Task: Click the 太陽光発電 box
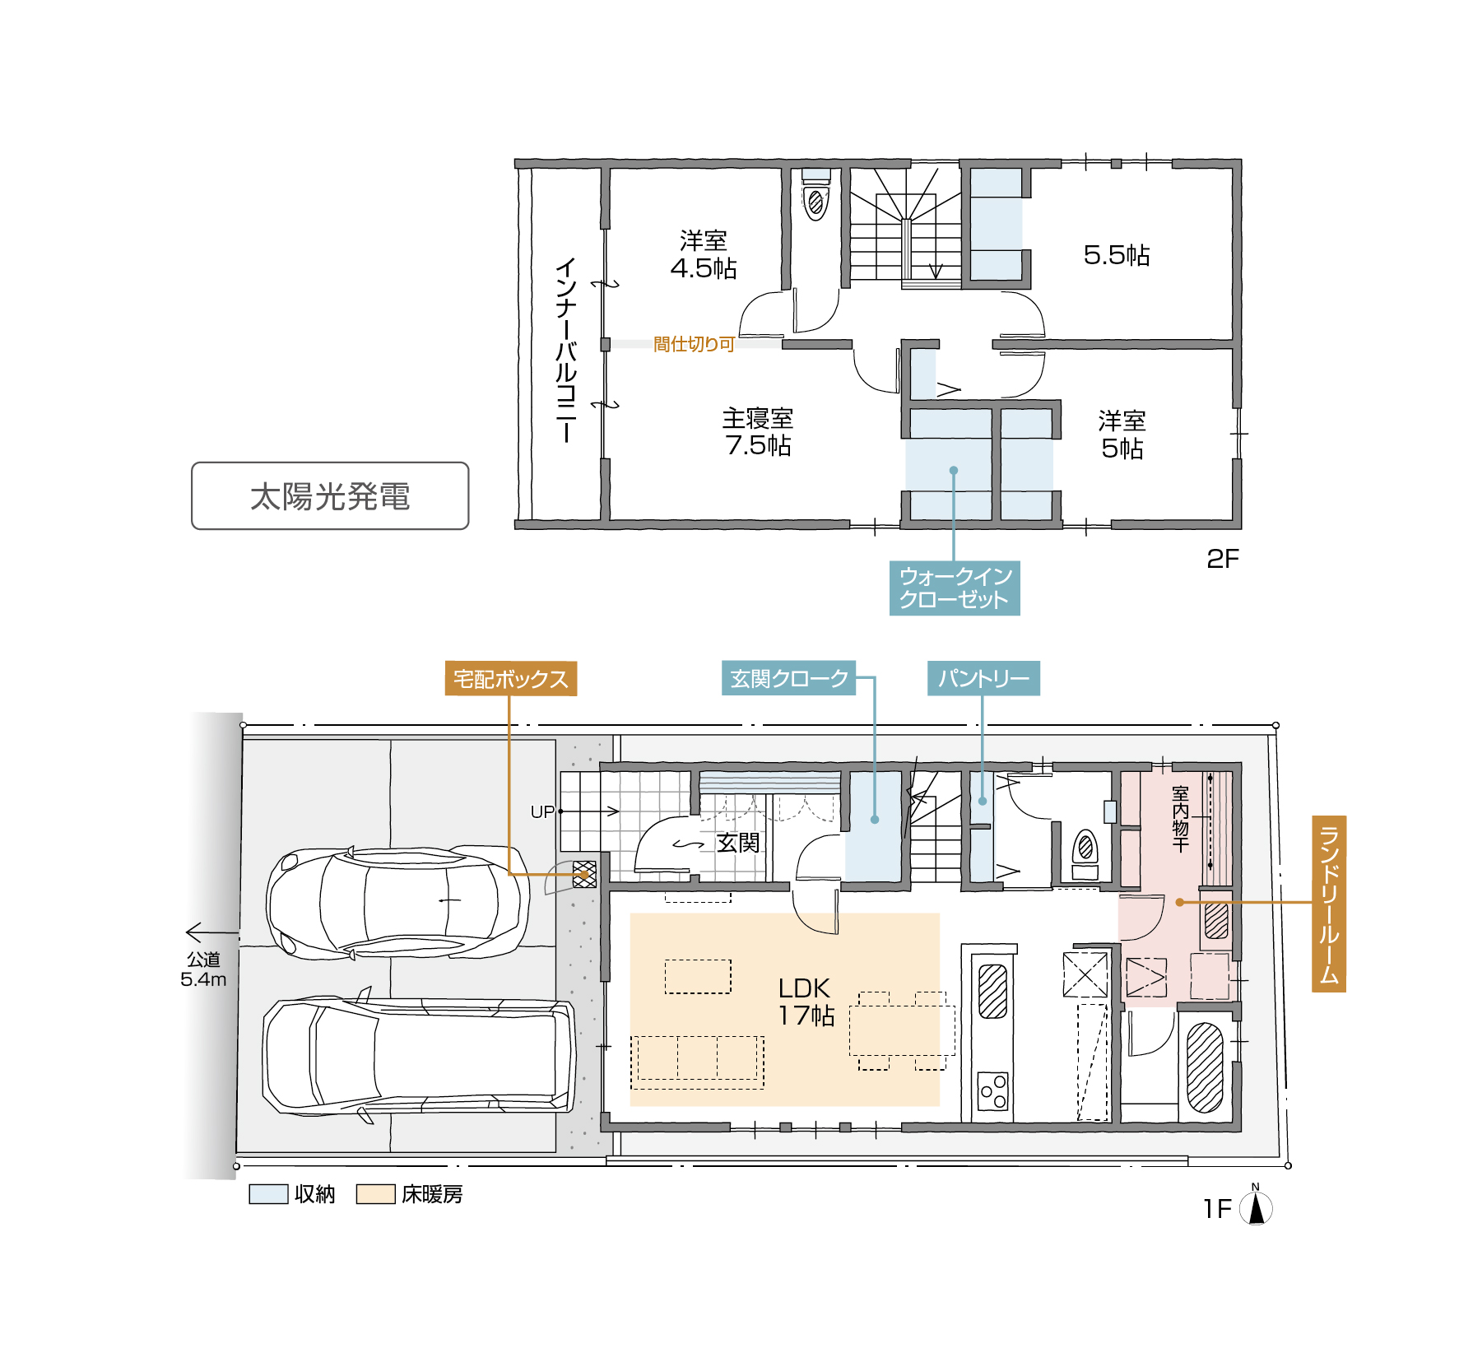coord(330,495)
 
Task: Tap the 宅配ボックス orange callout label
coord(510,679)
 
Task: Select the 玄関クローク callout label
coord(788,678)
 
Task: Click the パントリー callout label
coord(983,678)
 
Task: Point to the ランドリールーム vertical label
coord(1328,904)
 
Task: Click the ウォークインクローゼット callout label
coord(955,588)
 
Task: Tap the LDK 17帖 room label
coord(806,1002)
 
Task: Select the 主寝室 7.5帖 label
coord(758,432)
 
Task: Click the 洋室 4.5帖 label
coord(704,254)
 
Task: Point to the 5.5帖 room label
coord(1117,255)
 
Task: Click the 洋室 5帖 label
coord(1122,435)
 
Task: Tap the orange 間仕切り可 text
coord(694,344)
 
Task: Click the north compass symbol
coord(1256,1206)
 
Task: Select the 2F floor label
coord(1223,559)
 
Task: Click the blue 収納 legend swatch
coord(268,1194)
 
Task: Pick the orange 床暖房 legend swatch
coord(375,1194)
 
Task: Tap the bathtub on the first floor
coord(1206,1067)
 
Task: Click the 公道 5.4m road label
coord(203,969)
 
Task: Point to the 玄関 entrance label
coord(738,843)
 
